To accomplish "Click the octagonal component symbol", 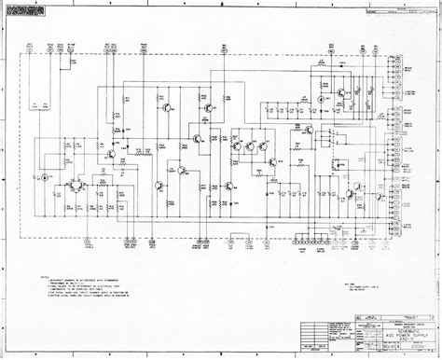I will tap(76, 185).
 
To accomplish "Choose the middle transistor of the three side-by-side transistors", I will tap(250, 145).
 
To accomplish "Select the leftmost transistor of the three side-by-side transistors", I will tap(237, 145).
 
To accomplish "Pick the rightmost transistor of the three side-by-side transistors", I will tap(263, 145).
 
